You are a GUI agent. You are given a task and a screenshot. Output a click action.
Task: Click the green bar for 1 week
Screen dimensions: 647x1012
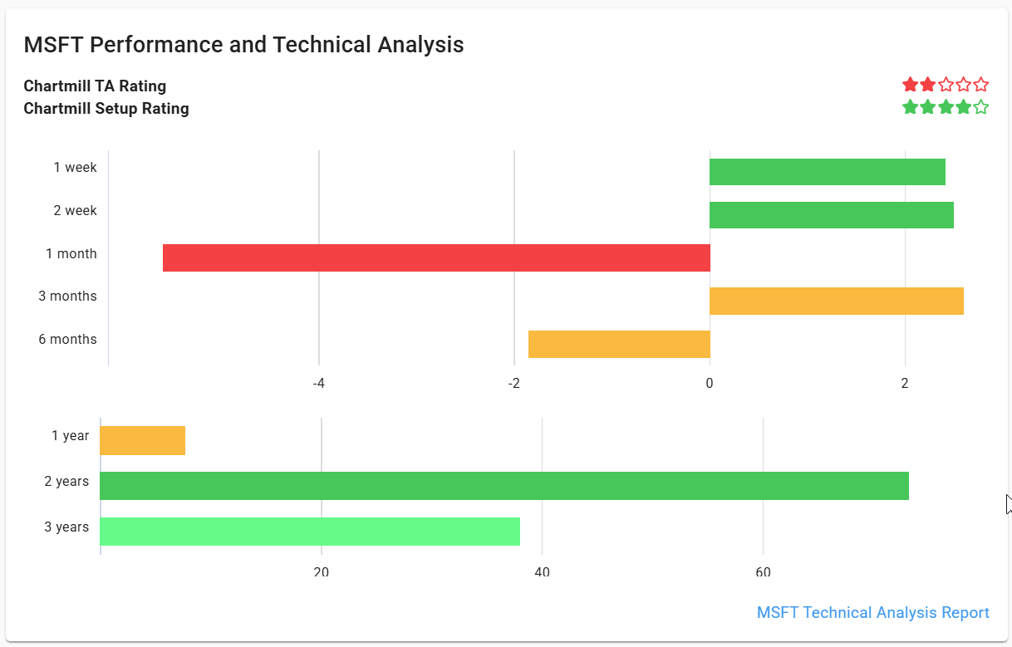pos(827,172)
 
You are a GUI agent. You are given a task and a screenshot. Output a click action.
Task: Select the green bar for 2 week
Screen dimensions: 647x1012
pos(831,215)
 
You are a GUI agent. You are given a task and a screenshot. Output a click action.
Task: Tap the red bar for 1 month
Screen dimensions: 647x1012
pos(436,257)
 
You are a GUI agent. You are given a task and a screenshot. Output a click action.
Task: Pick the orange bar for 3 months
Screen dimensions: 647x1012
pos(836,301)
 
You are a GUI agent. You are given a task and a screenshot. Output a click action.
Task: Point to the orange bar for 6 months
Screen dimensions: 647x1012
pos(619,344)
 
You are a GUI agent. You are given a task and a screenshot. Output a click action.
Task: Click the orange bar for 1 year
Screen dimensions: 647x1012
pos(142,440)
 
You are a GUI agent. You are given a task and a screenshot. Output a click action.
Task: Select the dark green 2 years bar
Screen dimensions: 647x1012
pos(504,486)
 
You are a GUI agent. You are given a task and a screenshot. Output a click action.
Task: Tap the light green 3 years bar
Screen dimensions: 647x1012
pos(309,532)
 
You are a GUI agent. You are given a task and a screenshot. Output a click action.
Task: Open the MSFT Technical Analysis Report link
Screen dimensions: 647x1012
pos(872,612)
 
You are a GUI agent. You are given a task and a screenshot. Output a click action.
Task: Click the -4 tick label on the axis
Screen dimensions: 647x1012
pos(318,383)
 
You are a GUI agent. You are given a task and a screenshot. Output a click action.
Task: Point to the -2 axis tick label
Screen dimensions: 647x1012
pos(513,383)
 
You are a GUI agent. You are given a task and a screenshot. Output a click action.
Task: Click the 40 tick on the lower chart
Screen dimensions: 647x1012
pos(542,572)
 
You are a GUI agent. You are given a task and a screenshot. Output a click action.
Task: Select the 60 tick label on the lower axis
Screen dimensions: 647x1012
pos(763,572)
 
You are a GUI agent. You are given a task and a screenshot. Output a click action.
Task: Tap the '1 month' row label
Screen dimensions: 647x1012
pos(71,253)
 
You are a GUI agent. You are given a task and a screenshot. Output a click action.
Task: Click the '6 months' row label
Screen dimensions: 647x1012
pos(67,339)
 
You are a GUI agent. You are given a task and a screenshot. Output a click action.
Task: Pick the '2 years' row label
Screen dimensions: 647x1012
pos(66,481)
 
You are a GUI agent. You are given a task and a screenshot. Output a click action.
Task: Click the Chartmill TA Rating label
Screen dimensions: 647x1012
pos(95,86)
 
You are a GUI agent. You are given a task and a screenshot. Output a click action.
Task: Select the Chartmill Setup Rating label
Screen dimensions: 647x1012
pos(106,109)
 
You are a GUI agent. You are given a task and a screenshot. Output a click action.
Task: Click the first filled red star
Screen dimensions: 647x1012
pos(911,85)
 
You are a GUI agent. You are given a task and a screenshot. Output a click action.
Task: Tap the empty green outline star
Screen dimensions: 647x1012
pos(980,107)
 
